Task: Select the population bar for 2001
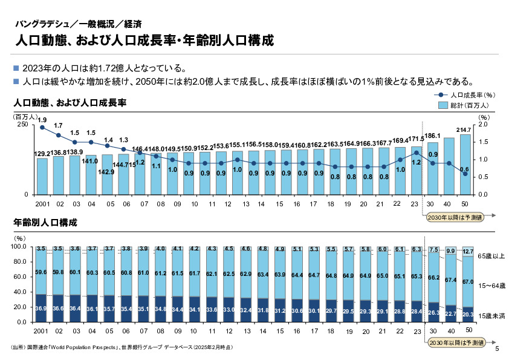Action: coord(42,176)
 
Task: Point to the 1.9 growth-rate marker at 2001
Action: coord(42,128)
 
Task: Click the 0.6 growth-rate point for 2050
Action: coord(465,174)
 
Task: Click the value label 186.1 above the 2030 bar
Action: coord(432,136)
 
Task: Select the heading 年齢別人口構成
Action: coord(45,223)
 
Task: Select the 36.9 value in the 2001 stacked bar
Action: coord(41,309)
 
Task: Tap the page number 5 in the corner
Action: coord(497,349)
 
